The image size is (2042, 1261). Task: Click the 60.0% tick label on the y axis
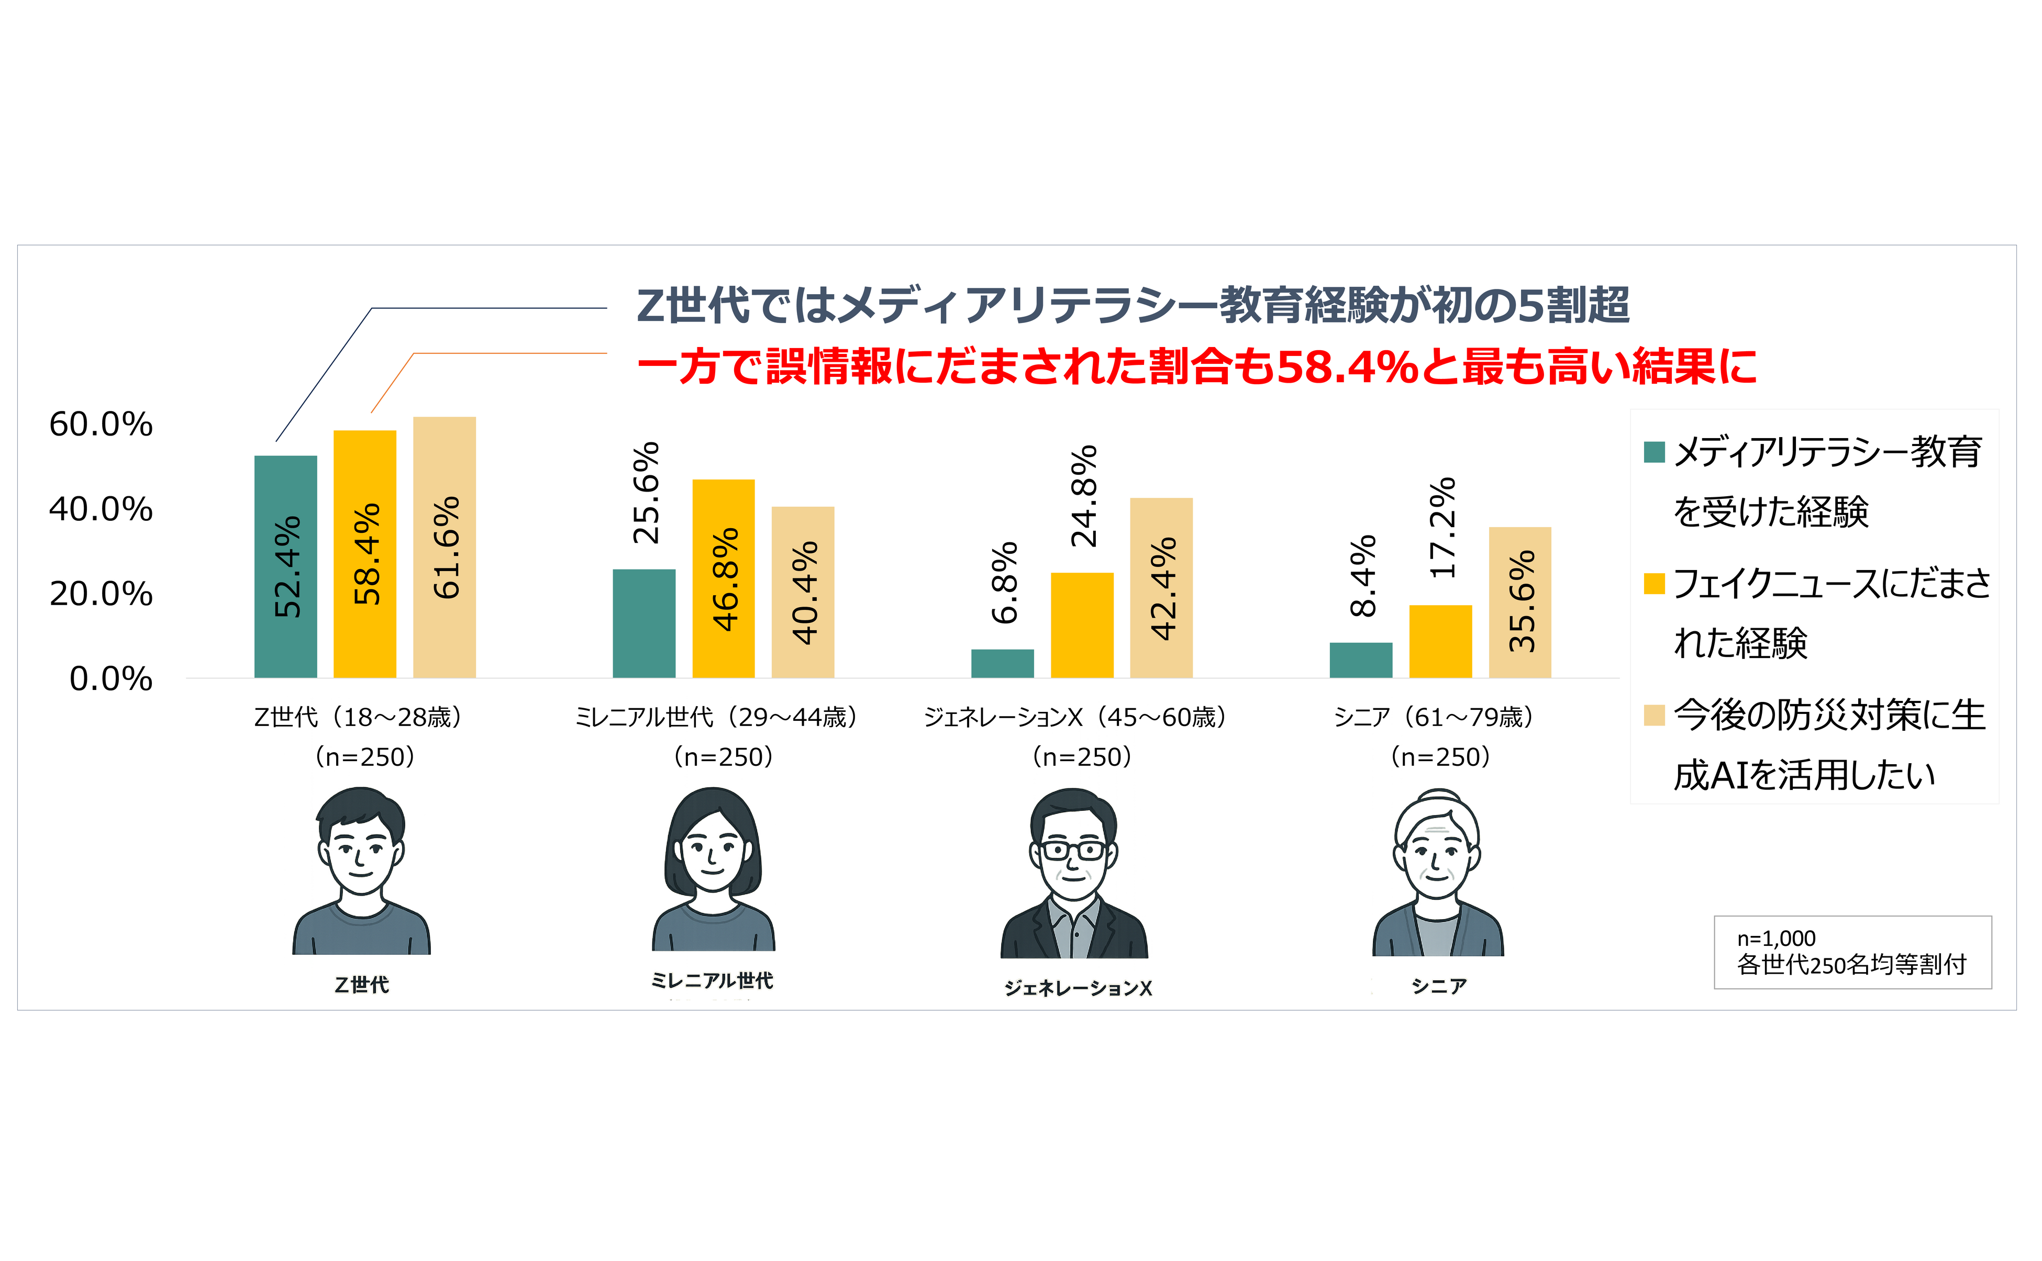point(101,425)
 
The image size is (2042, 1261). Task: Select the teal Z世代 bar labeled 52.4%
point(285,567)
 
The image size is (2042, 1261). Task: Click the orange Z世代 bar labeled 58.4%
point(364,555)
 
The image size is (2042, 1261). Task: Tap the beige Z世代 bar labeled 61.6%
point(445,547)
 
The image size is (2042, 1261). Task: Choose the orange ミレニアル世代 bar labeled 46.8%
point(723,579)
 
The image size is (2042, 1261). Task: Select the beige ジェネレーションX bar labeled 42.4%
point(1161,588)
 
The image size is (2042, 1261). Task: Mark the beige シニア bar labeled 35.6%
point(1520,602)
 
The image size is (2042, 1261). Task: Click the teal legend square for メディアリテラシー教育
point(1654,452)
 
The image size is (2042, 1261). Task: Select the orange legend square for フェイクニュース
point(1654,584)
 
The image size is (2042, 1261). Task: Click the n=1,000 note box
point(1852,952)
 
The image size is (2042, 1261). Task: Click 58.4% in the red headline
point(1347,367)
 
